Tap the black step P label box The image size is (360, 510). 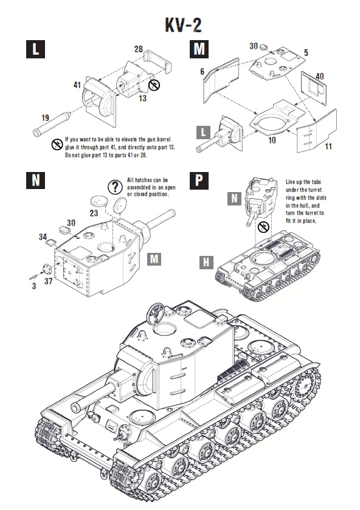(x=199, y=181)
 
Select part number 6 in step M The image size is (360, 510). (x=201, y=72)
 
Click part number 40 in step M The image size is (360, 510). (x=319, y=76)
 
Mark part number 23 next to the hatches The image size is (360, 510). (x=93, y=213)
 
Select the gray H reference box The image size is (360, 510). (x=207, y=262)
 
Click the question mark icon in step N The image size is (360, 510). (x=114, y=187)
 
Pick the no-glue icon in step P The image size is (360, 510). (x=263, y=227)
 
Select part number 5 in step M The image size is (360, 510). (x=306, y=53)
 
